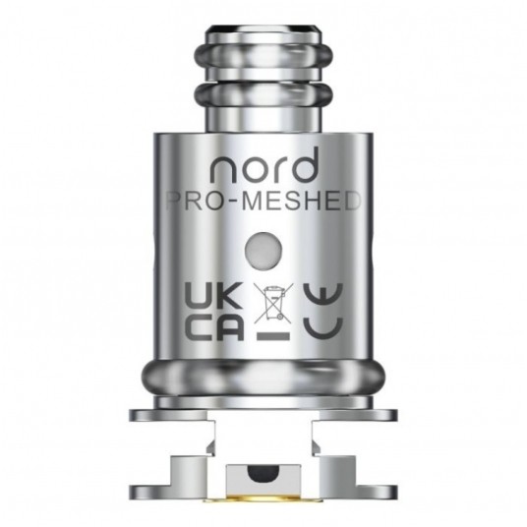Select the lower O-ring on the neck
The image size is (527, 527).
[263, 95]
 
